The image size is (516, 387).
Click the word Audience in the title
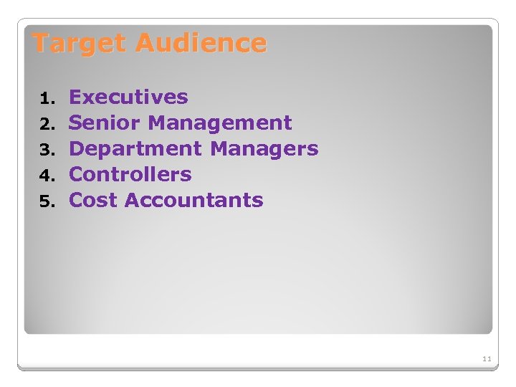[201, 44]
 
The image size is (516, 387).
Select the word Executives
[128, 97]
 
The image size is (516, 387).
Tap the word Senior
[105, 123]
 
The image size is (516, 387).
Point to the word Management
[220, 123]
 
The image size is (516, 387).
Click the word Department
[135, 148]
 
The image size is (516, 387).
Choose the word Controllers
[130, 174]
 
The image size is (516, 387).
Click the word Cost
[93, 200]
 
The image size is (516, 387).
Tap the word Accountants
[194, 200]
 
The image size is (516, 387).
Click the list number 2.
[46, 124]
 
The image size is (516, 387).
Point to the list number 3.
[46, 150]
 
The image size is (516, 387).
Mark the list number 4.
[46, 176]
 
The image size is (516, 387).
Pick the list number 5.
[46, 201]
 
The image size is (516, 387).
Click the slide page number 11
[487, 358]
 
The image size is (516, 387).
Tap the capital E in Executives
[75, 97]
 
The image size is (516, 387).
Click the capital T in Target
[41, 44]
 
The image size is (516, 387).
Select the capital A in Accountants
[133, 200]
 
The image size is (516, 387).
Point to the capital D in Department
[77, 148]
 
